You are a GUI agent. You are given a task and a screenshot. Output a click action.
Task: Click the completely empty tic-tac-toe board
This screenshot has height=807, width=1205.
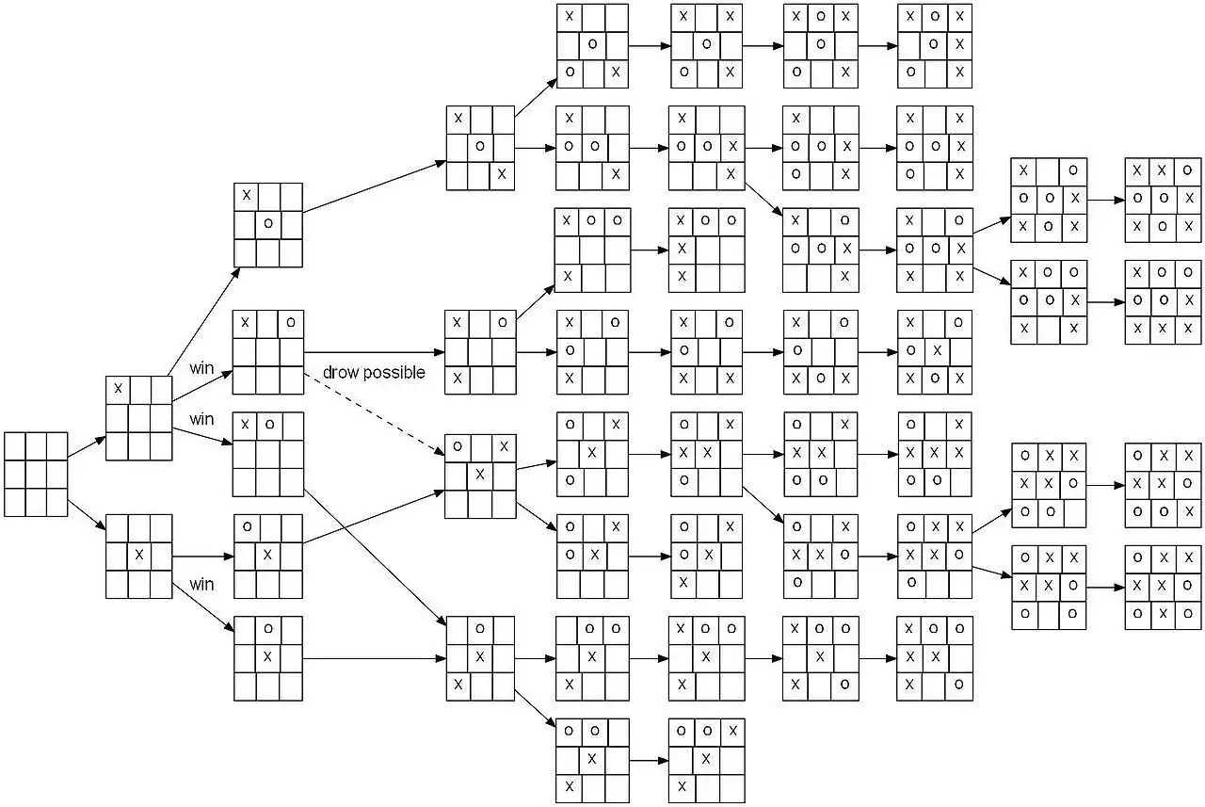click(x=36, y=474)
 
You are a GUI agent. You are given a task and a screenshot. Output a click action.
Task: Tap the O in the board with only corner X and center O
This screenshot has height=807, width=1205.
click(x=268, y=224)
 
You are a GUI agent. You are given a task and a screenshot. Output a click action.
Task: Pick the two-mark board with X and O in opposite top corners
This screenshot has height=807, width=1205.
click(x=268, y=352)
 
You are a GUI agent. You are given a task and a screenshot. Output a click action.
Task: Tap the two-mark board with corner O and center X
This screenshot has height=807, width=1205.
click(x=268, y=555)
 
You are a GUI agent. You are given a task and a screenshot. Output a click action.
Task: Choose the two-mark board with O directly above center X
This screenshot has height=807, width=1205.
click(x=268, y=658)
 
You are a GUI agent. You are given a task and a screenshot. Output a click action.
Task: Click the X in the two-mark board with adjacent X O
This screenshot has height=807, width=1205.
click(x=246, y=425)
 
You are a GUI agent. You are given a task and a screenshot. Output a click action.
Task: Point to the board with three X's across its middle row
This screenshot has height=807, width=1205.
click(x=934, y=454)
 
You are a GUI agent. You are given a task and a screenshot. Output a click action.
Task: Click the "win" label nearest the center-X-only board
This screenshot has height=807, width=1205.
click(x=202, y=585)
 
